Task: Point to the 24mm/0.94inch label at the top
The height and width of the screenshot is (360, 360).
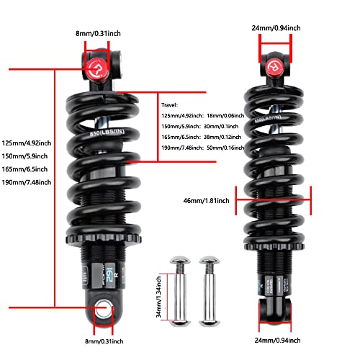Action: click(x=277, y=27)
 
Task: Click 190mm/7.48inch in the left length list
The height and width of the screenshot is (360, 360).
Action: click(x=26, y=182)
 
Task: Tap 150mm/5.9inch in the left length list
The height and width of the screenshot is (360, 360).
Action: click(x=24, y=155)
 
